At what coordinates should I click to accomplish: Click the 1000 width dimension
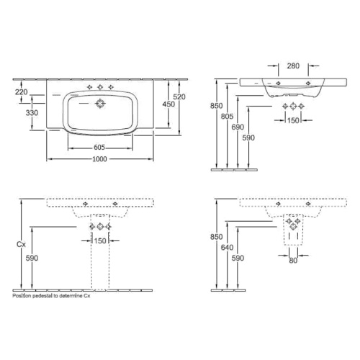click(99, 159)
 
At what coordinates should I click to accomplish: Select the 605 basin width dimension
click(99, 148)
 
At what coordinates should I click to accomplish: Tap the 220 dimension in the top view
click(22, 92)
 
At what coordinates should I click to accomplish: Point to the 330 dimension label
click(32, 113)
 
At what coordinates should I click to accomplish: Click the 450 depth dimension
click(168, 104)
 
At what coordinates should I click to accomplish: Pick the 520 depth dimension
click(179, 96)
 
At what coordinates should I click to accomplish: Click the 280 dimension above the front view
click(293, 66)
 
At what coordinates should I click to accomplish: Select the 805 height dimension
click(227, 117)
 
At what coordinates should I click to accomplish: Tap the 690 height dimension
click(238, 127)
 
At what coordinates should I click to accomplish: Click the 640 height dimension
click(227, 248)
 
